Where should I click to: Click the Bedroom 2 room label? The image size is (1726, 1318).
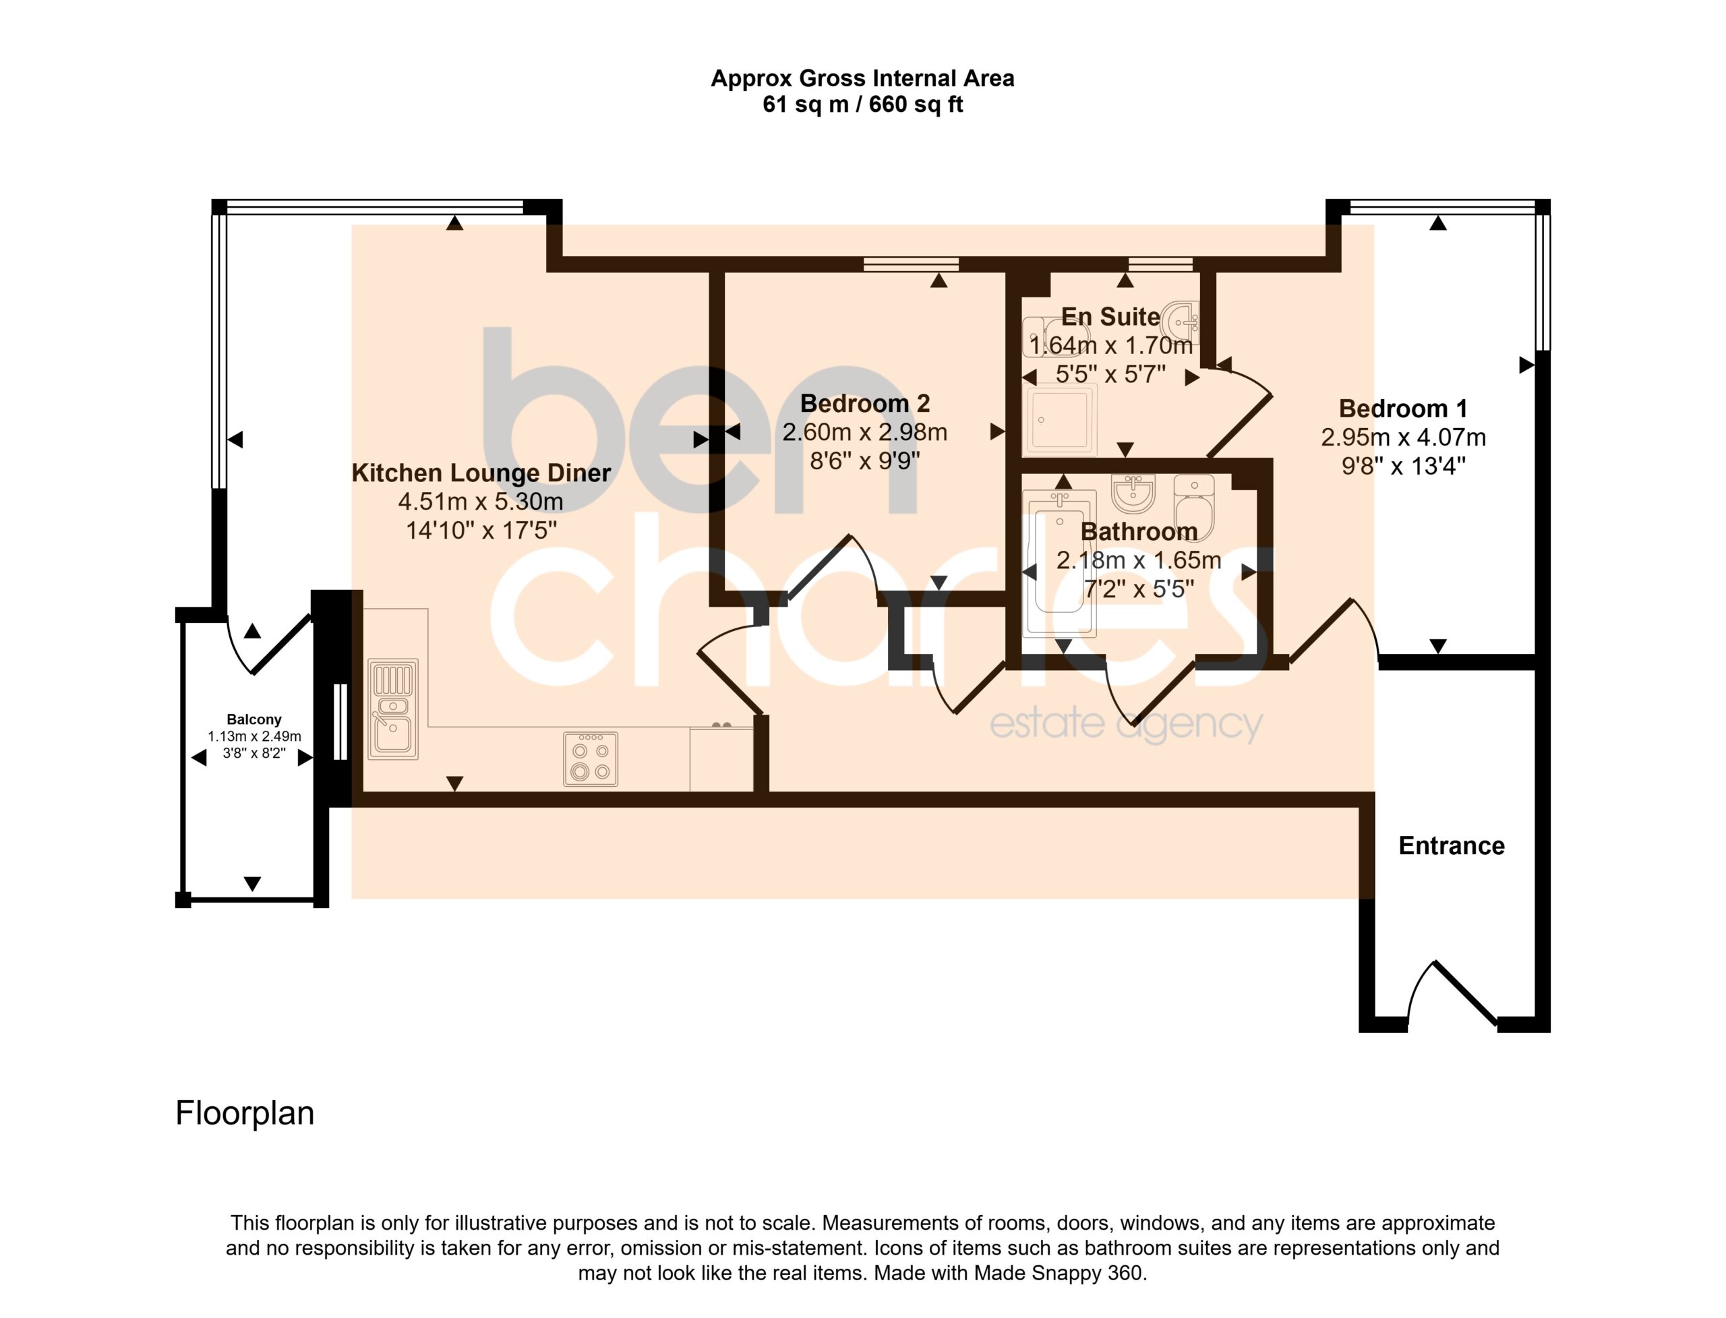(864, 403)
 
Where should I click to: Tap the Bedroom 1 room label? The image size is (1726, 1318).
(1403, 409)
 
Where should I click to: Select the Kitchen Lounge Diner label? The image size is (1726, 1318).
(481, 473)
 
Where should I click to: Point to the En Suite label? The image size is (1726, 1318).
(1110, 316)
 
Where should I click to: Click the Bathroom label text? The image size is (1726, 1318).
(1138, 531)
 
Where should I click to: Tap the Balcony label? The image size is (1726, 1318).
(254, 719)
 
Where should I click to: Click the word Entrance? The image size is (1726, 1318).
(1452, 845)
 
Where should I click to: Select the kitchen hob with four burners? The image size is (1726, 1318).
(590, 758)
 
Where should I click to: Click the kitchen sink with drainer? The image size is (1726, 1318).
(392, 709)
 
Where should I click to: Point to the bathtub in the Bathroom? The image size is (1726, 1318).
(1059, 560)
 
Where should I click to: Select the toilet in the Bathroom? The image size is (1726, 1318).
(1194, 508)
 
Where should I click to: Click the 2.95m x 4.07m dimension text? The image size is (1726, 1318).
(1403, 438)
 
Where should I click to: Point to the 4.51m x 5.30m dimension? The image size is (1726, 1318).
(481, 502)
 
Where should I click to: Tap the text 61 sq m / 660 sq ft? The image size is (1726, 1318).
(862, 104)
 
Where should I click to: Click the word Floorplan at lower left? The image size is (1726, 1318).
(245, 1113)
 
